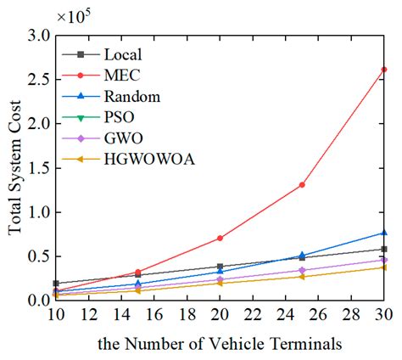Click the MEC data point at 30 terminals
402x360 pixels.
tap(385, 69)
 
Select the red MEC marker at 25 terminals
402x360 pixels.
tap(302, 184)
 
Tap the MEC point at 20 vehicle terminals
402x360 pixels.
tap(220, 238)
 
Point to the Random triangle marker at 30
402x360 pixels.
tap(385, 232)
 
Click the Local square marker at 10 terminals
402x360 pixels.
tap(55, 283)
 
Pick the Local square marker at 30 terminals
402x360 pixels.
tap(385, 249)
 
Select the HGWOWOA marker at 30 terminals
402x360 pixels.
tap(385, 267)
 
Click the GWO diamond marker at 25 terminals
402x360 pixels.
tap(302, 270)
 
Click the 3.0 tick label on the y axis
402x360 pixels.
tap(39, 36)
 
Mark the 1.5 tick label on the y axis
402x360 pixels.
tap(39, 167)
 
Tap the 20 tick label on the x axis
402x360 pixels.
tap(220, 313)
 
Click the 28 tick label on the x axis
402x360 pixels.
tap(352, 313)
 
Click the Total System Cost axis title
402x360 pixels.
tap(14, 167)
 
